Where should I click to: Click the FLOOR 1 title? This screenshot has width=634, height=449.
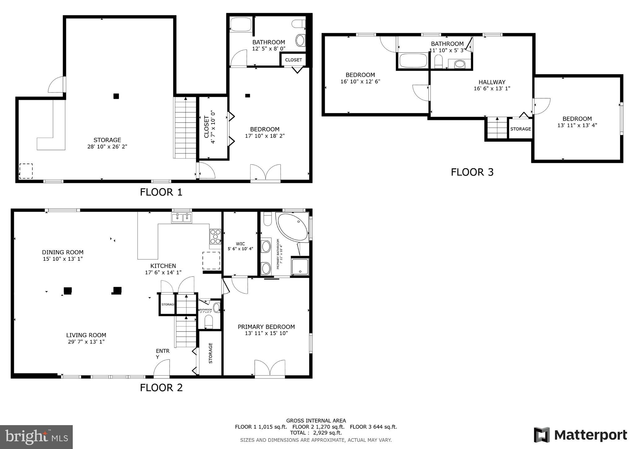161,192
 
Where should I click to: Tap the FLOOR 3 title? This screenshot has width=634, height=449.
472,172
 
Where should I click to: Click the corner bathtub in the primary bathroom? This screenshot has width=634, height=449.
292,227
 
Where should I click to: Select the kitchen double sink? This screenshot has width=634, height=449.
182,218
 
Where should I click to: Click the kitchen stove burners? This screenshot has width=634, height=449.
215,237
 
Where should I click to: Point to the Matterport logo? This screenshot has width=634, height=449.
580,435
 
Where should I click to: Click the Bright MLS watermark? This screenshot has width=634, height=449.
37,437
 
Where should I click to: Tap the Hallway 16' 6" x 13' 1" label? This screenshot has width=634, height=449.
492,85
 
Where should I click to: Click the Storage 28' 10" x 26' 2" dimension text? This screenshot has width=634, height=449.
107,147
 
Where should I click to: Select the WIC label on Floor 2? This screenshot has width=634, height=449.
240,244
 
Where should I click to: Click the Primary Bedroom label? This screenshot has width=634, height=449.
266,327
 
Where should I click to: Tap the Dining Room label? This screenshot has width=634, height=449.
63,252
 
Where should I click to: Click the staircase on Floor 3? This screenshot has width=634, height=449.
497,128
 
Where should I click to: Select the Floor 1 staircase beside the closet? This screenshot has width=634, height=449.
185,128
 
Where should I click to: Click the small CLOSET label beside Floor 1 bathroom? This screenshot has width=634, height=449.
293,60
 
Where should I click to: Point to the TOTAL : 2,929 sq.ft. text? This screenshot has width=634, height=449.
316,433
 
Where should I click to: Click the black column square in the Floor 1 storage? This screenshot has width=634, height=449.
116,96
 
